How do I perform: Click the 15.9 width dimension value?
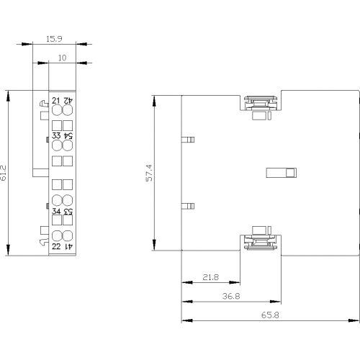tap(54, 39)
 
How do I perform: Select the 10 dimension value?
tap(62, 58)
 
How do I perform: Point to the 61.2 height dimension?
tap(4, 173)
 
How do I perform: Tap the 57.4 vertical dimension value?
tap(149, 173)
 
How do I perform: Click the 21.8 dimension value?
tap(211, 277)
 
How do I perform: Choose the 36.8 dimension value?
tap(231, 296)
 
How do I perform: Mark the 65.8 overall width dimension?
tap(270, 315)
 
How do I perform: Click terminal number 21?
tap(56, 100)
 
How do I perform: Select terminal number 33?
tap(56, 135)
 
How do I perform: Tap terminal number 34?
tap(56, 211)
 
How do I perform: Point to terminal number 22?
tap(56, 246)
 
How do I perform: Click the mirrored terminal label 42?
tap(68, 100)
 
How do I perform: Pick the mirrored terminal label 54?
tap(68, 135)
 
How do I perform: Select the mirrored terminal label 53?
tap(68, 211)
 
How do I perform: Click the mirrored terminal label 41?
tap(68, 246)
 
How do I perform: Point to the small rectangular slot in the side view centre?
tap(282, 173)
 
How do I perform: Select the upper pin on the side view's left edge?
tap(188, 140)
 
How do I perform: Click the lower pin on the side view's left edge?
tap(188, 206)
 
